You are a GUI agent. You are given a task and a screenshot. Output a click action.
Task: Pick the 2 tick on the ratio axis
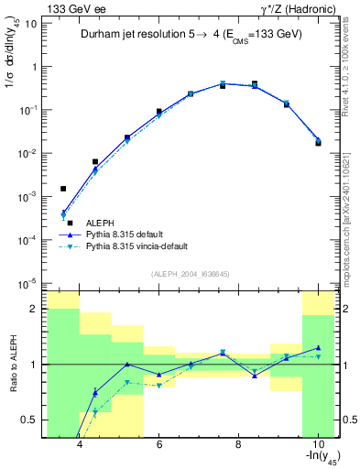pos(34,309)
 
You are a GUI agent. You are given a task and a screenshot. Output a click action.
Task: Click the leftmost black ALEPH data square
pos(63,189)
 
